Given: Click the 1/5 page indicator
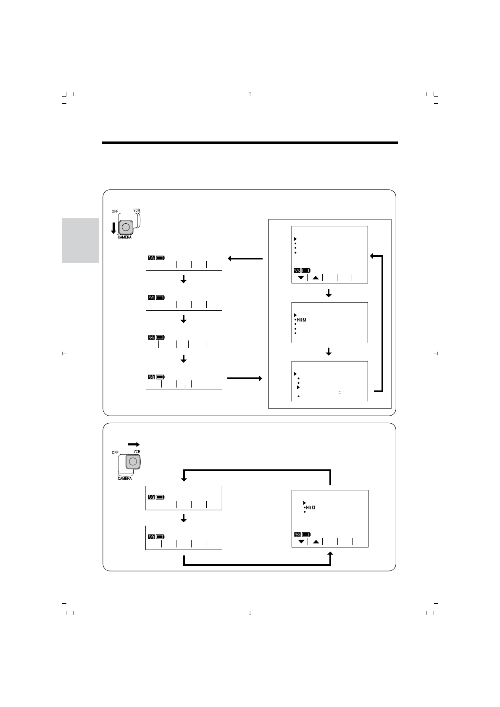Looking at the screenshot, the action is pyautogui.click(x=151, y=258).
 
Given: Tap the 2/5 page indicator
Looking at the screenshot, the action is pyautogui.click(x=151, y=298).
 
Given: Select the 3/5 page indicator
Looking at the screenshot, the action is pyautogui.click(x=151, y=337).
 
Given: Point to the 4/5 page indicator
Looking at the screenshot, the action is pyautogui.click(x=151, y=377).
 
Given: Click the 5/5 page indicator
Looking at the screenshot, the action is pyautogui.click(x=297, y=270).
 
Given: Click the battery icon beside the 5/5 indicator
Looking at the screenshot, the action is pyautogui.click(x=306, y=270).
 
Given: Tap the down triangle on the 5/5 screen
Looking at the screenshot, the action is pyautogui.click(x=300, y=278).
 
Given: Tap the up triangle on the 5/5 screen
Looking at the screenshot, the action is pyautogui.click(x=316, y=278).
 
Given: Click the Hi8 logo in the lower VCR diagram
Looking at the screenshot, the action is pyautogui.click(x=311, y=508).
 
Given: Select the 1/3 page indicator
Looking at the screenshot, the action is pyautogui.click(x=151, y=497).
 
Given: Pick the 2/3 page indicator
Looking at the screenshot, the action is pyautogui.click(x=151, y=537).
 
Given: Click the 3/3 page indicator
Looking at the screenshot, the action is pyautogui.click(x=297, y=534).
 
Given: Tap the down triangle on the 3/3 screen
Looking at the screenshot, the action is pyautogui.click(x=301, y=542).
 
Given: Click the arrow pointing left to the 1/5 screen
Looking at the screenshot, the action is pyautogui.click(x=245, y=259).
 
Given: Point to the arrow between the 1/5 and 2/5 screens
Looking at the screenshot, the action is pyautogui.click(x=183, y=279).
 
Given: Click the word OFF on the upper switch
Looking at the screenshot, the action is pyautogui.click(x=115, y=211).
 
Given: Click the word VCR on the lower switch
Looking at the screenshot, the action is pyautogui.click(x=137, y=451).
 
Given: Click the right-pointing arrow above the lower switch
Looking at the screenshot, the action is pyautogui.click(x=133, y=444).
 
